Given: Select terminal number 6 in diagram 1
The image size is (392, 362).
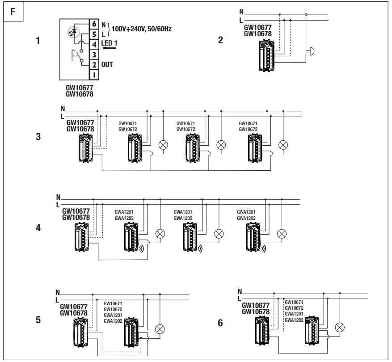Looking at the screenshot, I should click(94, 23).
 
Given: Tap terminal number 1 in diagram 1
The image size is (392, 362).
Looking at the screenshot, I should click(94, 75).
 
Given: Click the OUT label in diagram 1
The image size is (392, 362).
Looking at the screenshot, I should click(107, 64).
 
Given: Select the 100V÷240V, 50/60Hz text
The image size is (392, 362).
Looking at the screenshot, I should click(142, 29).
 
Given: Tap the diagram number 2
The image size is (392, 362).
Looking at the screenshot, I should click(220, 40).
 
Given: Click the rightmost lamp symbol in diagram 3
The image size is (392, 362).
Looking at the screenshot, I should click(282, 145).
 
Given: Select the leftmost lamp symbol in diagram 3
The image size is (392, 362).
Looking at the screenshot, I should click(164, 145).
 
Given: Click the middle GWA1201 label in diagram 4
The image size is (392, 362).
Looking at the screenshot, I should click(183, 212).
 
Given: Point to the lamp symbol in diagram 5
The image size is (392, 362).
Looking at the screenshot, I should click(160, 329).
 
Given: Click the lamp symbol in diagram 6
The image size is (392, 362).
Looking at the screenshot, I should click(340, 327).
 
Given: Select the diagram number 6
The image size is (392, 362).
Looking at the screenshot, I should click(220, 322).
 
